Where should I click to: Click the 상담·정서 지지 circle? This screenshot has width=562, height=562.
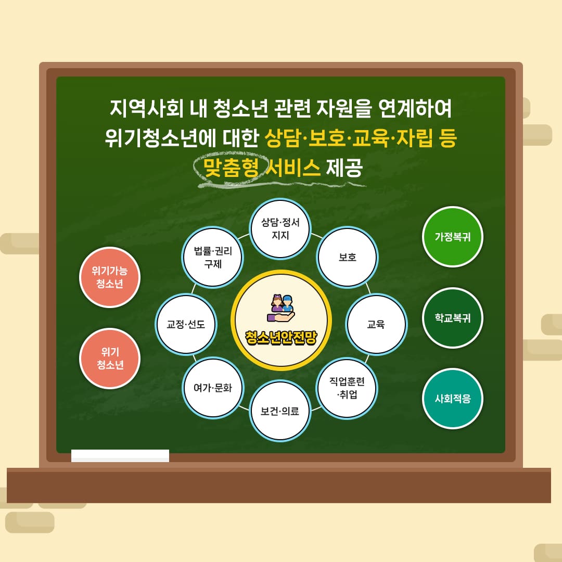pos(280,228)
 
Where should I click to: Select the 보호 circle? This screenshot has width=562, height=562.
pos(347,257)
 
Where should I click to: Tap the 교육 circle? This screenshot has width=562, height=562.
pos(376,324)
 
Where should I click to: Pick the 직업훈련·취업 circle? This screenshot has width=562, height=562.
pos(347,388)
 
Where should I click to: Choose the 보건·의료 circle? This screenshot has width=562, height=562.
pos(280,411)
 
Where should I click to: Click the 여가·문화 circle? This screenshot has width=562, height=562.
pos(213,388)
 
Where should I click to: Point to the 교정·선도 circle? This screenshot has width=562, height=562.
pos(186,324)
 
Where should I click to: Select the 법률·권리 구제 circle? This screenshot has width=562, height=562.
pos(213,257)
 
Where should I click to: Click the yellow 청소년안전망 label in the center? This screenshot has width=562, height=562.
pos(281,337)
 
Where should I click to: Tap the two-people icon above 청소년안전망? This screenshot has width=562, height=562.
pos(281,308)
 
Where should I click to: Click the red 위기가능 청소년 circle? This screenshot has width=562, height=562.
pos(110,277)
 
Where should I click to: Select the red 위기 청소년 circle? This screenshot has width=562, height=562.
pos(110,359)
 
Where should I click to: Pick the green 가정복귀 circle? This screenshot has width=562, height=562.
pos(453,237)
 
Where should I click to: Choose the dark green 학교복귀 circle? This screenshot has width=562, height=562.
pos(453,318)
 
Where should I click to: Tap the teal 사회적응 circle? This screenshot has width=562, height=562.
pos(453,399)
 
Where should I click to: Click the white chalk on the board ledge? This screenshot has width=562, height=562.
pos(120,455)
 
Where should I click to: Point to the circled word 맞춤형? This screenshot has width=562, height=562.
pos(231,168)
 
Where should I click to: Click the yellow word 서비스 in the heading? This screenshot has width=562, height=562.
pos(293,168)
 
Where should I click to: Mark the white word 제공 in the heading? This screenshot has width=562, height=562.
pos(344,168)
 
